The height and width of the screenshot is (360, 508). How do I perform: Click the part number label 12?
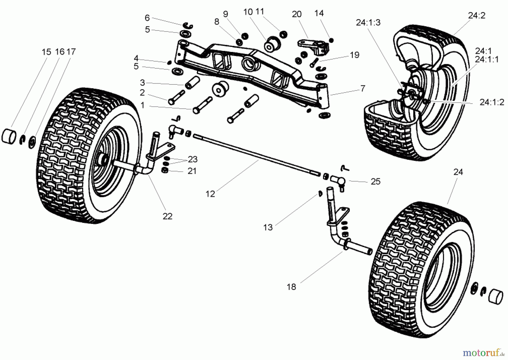(210, 194)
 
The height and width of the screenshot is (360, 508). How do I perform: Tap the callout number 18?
(291, 287)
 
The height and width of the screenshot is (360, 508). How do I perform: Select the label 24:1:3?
(368, 23)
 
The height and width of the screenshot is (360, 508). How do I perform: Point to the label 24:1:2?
(492, 102)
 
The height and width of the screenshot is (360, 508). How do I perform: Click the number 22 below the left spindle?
(167, 216)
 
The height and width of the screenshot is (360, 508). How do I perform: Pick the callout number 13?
(268, 227)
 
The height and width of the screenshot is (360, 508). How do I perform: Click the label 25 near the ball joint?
(375, 182)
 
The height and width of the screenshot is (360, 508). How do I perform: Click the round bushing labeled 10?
(272, 44)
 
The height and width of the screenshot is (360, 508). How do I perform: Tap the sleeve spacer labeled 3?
(192, 82)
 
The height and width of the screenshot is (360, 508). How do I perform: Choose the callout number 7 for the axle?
(363, 88)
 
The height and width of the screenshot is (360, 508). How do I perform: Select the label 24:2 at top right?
(477, 16)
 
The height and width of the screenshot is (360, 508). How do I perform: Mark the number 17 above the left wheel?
(71, 52)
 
